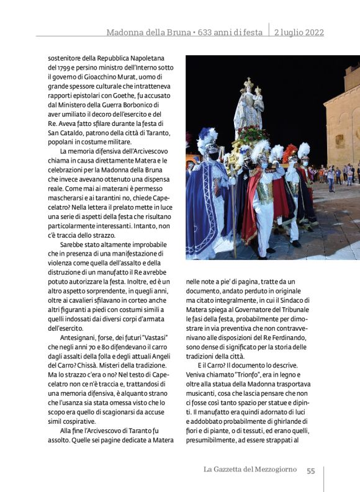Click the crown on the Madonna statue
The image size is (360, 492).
(x=248, y=83)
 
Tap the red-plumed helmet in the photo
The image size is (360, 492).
(x=290, y=153)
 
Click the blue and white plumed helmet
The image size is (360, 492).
(x=207, y=140)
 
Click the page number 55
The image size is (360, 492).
(x=310, y=470)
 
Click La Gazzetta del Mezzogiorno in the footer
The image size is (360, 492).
(x=250, y=470)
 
